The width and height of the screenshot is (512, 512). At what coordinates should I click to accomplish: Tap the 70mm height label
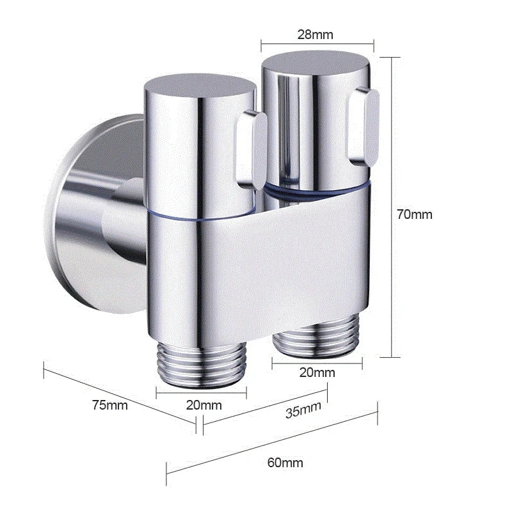click(414, 214)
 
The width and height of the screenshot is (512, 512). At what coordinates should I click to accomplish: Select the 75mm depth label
click(109, 404)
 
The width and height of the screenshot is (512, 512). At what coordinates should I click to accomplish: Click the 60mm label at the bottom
click(285, 462)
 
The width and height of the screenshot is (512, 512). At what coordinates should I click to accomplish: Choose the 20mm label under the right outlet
click(317, 372)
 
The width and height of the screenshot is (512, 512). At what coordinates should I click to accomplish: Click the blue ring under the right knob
click(317, 188)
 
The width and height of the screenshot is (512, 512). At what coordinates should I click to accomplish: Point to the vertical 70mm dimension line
click(391, 205)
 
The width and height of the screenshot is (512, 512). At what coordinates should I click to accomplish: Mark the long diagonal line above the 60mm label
click(272, 443)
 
